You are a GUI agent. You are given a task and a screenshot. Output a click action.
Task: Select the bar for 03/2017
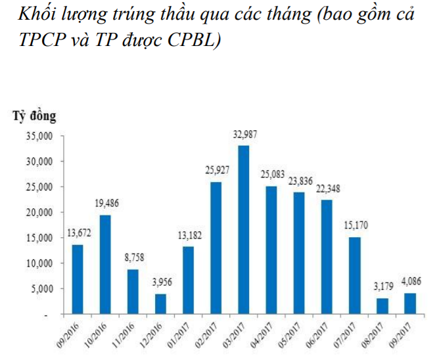tap(244, 229)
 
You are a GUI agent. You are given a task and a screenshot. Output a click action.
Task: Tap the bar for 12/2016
tap(160, 304)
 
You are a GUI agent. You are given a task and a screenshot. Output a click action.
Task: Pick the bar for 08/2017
tap(382, 306)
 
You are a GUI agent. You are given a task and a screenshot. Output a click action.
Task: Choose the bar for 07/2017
tap(355, 275)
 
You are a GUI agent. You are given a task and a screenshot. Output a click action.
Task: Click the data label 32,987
tap(244, 135)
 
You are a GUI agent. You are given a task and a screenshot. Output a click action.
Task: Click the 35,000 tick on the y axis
tap(39, 136)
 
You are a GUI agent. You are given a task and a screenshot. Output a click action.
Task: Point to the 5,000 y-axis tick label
tap(41, 289)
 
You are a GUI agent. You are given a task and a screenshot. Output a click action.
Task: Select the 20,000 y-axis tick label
tap(39, 213)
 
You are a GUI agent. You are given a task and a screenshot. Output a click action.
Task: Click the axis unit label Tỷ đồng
tap(34, 116)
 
